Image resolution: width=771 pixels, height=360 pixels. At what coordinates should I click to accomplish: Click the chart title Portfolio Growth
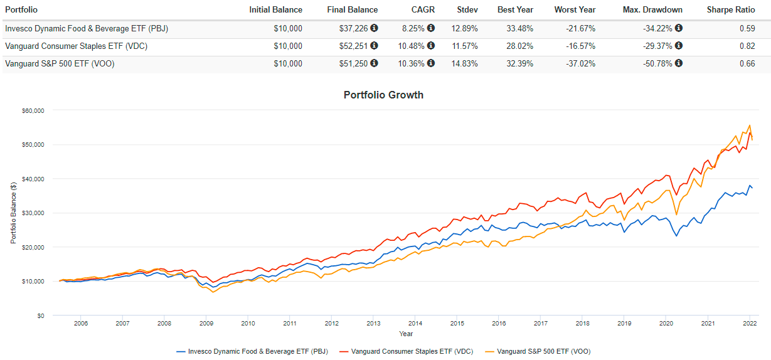pyautogui.click(x=383, y=95)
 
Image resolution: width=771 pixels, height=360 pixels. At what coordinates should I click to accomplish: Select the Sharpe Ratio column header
pyautogui.click(x=731, y=10)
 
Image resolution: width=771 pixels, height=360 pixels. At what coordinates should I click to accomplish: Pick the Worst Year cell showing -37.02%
pyautogui.click(x=578, y=64)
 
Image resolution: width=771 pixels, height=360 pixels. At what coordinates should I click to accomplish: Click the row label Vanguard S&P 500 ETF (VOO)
pyautogui.click(x=60, y=64)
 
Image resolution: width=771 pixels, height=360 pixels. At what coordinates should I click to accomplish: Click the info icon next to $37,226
pyautogui.click(x=375, y=28)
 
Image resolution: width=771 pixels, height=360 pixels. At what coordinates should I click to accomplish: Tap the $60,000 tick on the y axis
pyautogui.click(x=31, y=110)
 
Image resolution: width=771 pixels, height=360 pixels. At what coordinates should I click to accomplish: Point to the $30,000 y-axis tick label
pyautogui.click(x=31, y=213)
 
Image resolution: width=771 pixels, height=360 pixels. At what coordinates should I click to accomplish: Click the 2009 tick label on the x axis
pyautogui.click(x=206, y=324)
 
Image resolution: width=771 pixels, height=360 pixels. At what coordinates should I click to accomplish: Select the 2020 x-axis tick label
pyautogui.click(x=666, y=324)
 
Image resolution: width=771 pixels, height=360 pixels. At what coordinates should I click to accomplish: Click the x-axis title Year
pyautogui.click(x=406, y=334)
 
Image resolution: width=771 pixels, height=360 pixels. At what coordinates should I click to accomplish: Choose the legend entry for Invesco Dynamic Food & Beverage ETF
pyautogui.click(x=253, y=351)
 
